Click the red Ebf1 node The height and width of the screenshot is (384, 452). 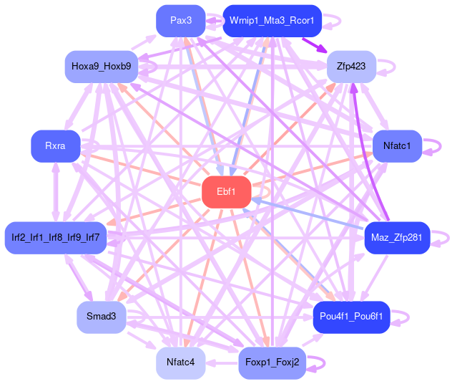pyautogui.click(x=225, y=191)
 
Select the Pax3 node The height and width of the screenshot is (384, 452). pyautogui.click(x=180, y=21)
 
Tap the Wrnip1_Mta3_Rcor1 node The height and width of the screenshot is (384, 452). pyautogui.click(x=272, y=21)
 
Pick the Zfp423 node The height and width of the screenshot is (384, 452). pyautogui.click(x=351, y=66)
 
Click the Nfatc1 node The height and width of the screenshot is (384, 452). pyautogui.click(x=397, y=146)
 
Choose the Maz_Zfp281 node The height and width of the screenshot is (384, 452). pyautogui.click(x=397, y=237)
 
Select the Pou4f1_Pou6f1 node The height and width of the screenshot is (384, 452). pyautogui.click(x=351, y=317)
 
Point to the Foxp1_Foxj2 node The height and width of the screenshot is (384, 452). pyautogui.click(x=272, y=362)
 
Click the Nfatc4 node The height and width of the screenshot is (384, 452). pyautogui.click(x=180, y=362)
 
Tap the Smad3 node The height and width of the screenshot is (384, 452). pyautogui.click(x=101, y=317)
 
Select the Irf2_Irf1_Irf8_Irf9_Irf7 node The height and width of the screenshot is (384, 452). pyautogui.click(x=55, y=237)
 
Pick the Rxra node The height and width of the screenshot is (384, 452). pyautogui.click(x=55, y=146)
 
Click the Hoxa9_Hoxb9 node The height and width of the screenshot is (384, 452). pyautogui.click(x=101, y=66)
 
